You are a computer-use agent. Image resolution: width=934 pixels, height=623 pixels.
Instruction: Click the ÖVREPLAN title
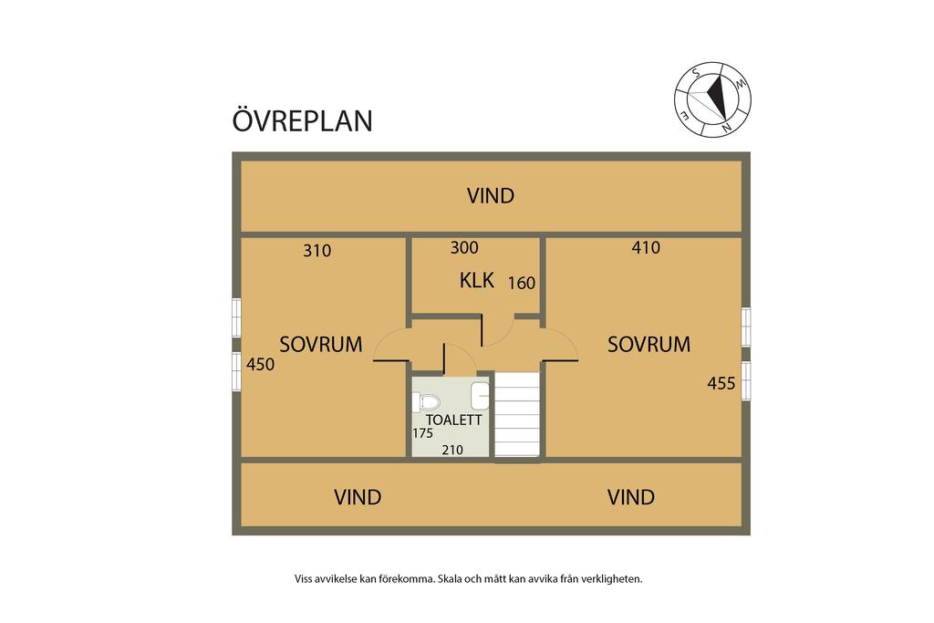(302, 120)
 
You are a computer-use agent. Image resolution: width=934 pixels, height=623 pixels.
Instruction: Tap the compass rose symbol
(713, 99)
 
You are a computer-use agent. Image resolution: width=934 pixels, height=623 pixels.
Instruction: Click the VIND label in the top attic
(491, 195)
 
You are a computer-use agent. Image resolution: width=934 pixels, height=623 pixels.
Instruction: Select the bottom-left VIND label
(357, 497)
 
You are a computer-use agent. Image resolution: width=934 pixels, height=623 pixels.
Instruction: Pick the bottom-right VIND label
(631, 497)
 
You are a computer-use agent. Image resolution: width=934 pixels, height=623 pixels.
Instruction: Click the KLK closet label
(476, 281)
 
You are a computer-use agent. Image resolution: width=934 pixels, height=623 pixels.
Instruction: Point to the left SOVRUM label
(320, 345)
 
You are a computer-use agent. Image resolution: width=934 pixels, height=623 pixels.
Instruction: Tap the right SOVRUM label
(649, 345)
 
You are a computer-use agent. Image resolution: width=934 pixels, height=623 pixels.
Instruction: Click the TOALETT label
(447, 421)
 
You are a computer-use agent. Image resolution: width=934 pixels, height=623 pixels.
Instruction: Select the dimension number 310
(317, 251)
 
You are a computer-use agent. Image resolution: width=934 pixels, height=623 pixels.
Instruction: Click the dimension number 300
(464, 247)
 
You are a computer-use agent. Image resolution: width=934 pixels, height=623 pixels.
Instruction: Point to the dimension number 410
(646, 247)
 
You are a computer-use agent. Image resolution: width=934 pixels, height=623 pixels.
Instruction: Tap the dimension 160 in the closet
(521, 283)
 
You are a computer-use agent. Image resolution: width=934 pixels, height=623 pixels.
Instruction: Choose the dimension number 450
(260, 364)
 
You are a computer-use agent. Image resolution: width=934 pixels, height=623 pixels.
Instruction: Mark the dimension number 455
(721, 383)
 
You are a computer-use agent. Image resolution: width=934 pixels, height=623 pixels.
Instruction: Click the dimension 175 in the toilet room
(422, 433)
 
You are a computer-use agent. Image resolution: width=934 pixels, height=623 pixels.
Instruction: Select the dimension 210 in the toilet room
(453, 449)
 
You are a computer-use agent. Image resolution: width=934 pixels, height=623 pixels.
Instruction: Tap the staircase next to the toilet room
(517, 415)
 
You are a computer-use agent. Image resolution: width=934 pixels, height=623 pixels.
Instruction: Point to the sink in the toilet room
(481, 396)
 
